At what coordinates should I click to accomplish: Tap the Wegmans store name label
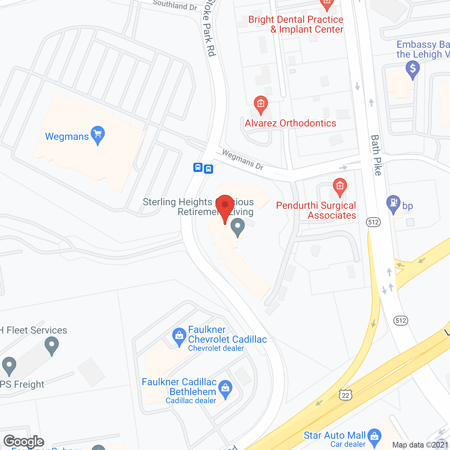(67, 136)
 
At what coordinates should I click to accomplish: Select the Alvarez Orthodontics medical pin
(261, 104)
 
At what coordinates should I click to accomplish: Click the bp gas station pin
(393, 204)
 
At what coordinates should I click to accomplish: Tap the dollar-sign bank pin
(412, 69)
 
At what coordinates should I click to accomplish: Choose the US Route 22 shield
(345, 395)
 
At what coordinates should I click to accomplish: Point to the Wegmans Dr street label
(243, 160)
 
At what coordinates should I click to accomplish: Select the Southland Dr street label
(175, 5)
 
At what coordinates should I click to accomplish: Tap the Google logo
(24, 442)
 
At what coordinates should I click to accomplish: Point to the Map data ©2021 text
(420, 445)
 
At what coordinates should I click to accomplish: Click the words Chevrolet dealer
(216, 348)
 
